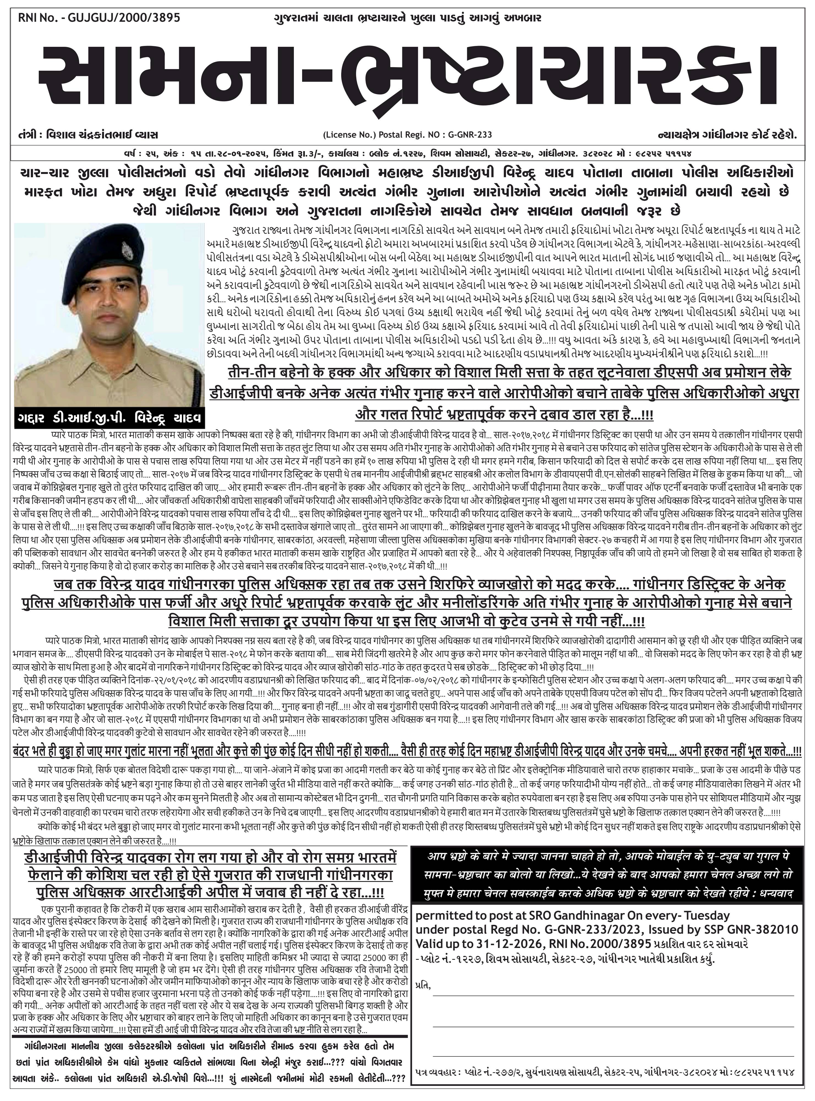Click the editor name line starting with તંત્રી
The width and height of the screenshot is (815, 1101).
pyautogui.click(x=88, y=135)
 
